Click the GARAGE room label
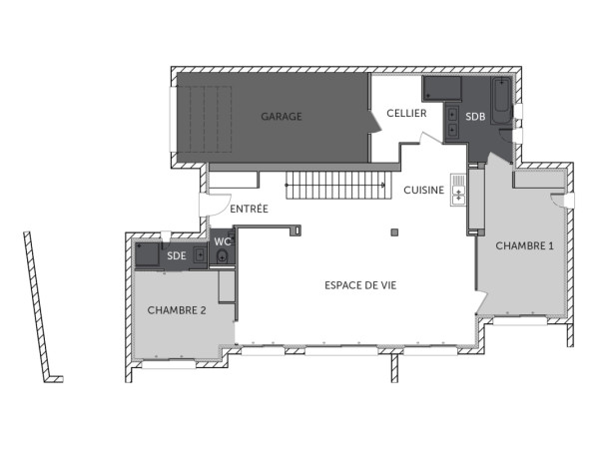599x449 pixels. (x=282, y=117)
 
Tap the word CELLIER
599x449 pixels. (x=406, y=114)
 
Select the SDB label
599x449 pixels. (x=475, y=117)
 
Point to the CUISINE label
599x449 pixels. (x=424, y=190)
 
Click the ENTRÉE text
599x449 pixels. (x=249, y=209)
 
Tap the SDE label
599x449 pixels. (x=177, y=255)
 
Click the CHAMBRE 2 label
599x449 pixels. (x=177, y=310)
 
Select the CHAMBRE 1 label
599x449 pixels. (x=524, y=245)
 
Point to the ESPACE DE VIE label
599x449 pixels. (x=360, y=285)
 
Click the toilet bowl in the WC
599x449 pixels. (x=222, y=258)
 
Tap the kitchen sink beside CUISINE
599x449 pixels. (x=457, y=188)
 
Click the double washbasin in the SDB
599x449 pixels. (x=452, y=121)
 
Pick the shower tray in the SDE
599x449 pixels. (x=149, y=255)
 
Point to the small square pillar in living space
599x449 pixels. (x=395, y=232)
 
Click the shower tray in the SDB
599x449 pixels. (x=438, y=88)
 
